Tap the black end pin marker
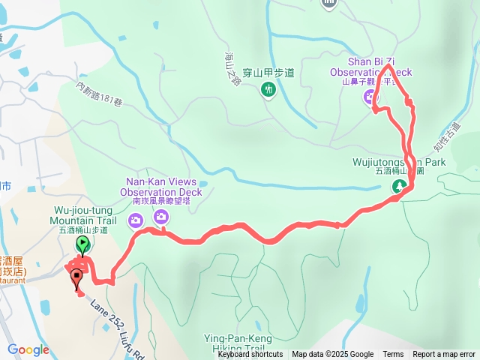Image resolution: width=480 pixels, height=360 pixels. coord(76,279)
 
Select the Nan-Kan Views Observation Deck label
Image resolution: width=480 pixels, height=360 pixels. coord(163,187)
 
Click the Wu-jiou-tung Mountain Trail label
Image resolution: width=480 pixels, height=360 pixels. coord(84,216)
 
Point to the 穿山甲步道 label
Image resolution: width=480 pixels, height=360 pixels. coord(268,73)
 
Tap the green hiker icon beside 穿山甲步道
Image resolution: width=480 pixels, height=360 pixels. coord(268,91)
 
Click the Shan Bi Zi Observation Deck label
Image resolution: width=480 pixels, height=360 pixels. coord(381,66)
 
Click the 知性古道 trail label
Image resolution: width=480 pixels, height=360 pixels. coord(445,136)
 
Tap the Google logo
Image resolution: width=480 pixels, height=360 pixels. coord(28,349)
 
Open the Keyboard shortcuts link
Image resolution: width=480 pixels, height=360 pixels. coord(250,355)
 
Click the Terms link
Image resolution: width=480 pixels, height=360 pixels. coord(393,355)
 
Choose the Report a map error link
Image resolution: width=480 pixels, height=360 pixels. coord(444,355)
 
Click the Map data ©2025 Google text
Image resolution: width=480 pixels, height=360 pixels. coord(332,355)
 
